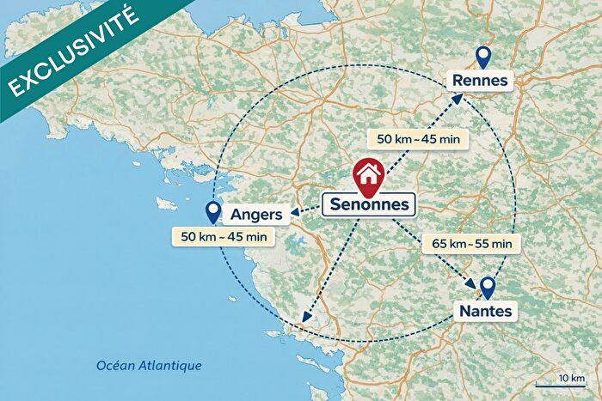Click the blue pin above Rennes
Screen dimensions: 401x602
click(482, 58)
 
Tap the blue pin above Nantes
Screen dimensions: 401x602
click(488, 287)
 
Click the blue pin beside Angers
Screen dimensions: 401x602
click(212, 213)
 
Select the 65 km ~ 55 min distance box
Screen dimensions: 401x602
click(472, 244)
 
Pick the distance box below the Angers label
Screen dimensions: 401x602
click(222, 236)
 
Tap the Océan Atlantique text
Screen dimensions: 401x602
click(149, 366)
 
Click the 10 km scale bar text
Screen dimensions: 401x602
click(571, 379)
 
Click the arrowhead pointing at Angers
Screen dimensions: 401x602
click(295, 214)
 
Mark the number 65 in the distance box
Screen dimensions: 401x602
click(438, 244)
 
